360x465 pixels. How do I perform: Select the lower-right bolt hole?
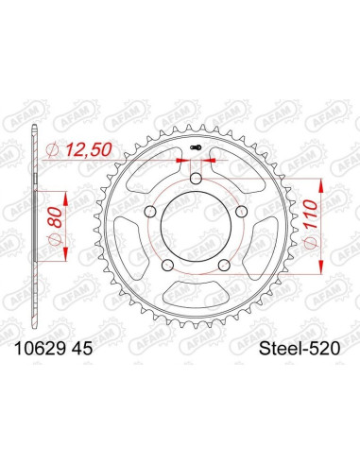pos(223,265)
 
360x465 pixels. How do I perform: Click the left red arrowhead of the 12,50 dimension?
pos(180,162)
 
